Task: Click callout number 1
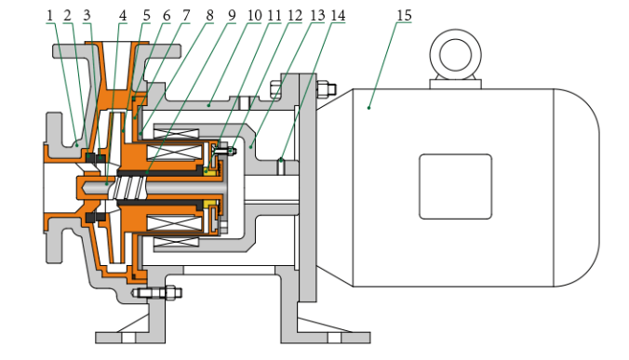click(49, 16)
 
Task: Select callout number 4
click(123, 16)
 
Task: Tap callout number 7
click(186, 16)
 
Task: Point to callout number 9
click(232, 16)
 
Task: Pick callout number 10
click(254, 16)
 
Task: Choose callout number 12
click(295, 16)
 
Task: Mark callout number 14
click(338, 16)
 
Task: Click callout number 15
click(405, 16)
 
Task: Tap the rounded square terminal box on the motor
click(455, 186)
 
